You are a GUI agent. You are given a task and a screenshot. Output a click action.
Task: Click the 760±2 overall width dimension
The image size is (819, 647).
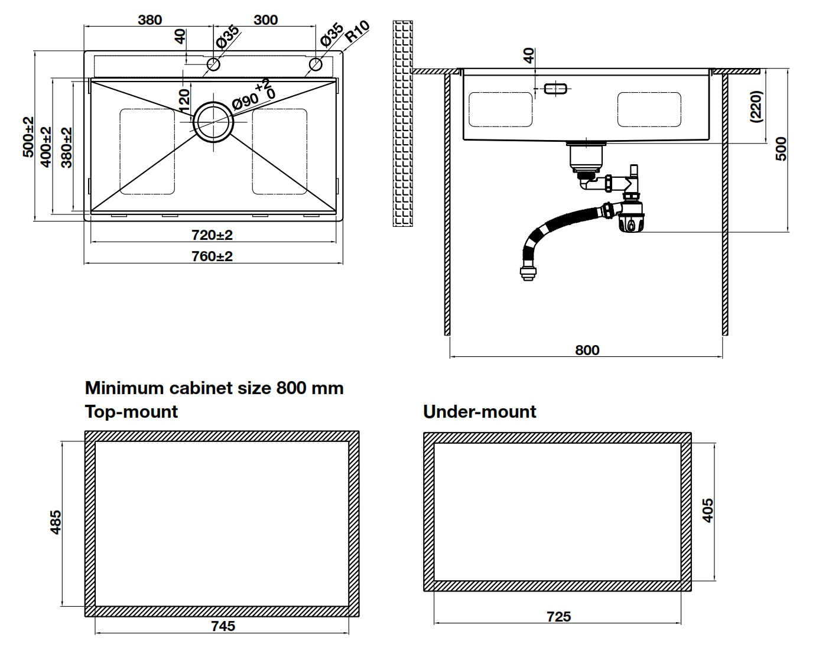pyautogui.click(x=212, y=256)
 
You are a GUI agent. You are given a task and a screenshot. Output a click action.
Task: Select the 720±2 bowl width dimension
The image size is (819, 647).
pyautogui.click(x=212, y=235)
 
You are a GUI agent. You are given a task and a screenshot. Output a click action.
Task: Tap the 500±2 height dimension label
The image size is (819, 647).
pyautogui.click(x=28, y=136)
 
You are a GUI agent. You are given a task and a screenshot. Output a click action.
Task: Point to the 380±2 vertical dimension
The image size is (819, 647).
pyautogui.click(x=66, y=147)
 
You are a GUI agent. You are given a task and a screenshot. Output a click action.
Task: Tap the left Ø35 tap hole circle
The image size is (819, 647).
pyautogui.click(x=213, y=64)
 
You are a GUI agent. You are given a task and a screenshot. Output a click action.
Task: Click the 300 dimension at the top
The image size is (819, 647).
pyautogui.click(x=265, y=19)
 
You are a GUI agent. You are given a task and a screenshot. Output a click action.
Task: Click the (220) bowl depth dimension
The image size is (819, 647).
pyautogui.click(x=757, y=106)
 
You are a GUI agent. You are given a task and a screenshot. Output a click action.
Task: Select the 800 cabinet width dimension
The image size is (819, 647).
pyautogui.click(x=587, y=350)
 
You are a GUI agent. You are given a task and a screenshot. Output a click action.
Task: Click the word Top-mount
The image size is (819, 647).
pyautogui.click(x=131, y=411)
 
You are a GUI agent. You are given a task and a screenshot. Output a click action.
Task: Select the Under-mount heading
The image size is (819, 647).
pyautogui.click(x=479, y=411)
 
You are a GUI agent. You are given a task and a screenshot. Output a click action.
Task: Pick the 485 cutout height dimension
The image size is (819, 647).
pyautogui.click(x=54, y=522)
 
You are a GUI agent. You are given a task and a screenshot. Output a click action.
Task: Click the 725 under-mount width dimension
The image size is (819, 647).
pyautogui.click(x=558, y=616)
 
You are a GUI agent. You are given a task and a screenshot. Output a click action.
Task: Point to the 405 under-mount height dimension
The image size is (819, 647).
pyautogui.click(x=707, y=511)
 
